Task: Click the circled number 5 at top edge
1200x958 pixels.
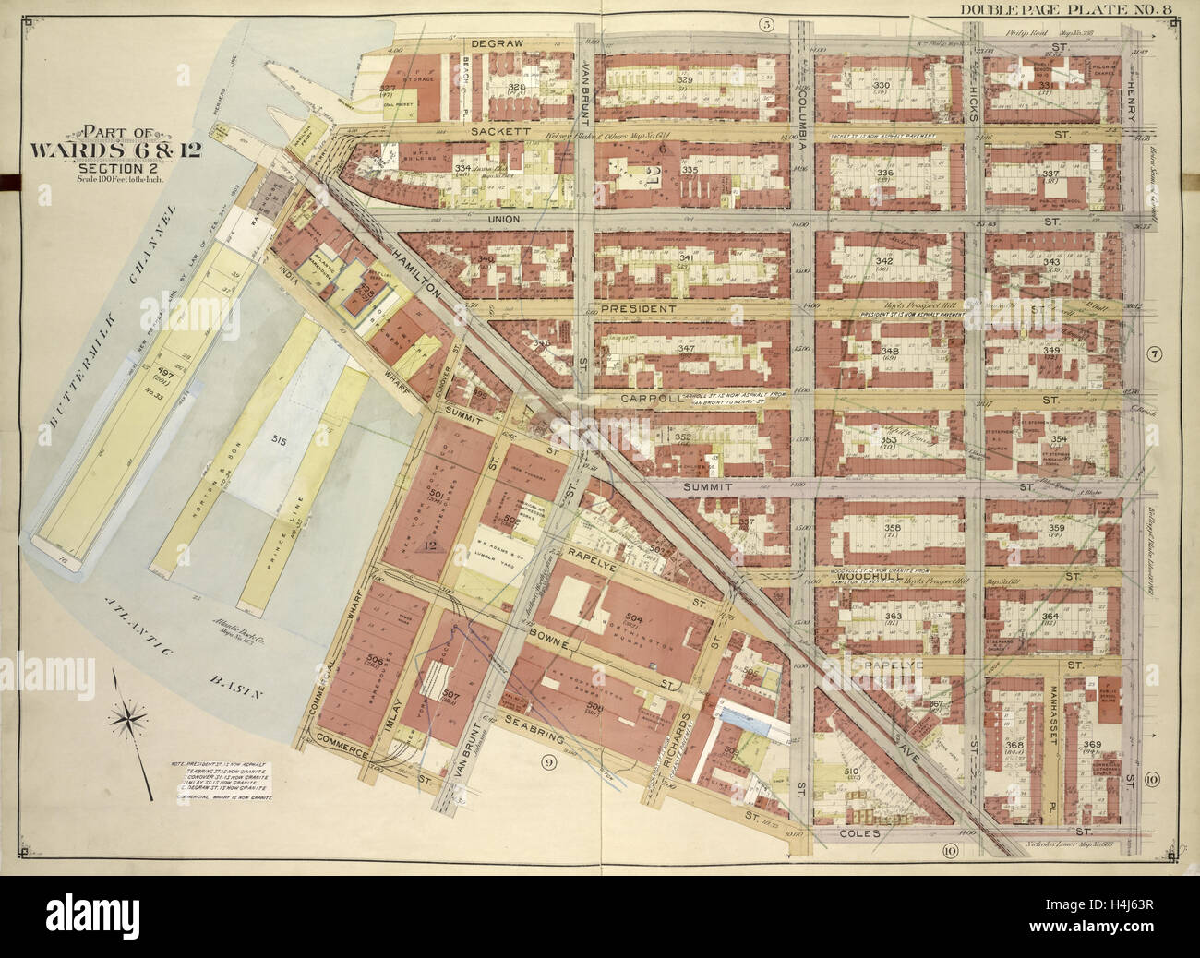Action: point(765,24)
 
